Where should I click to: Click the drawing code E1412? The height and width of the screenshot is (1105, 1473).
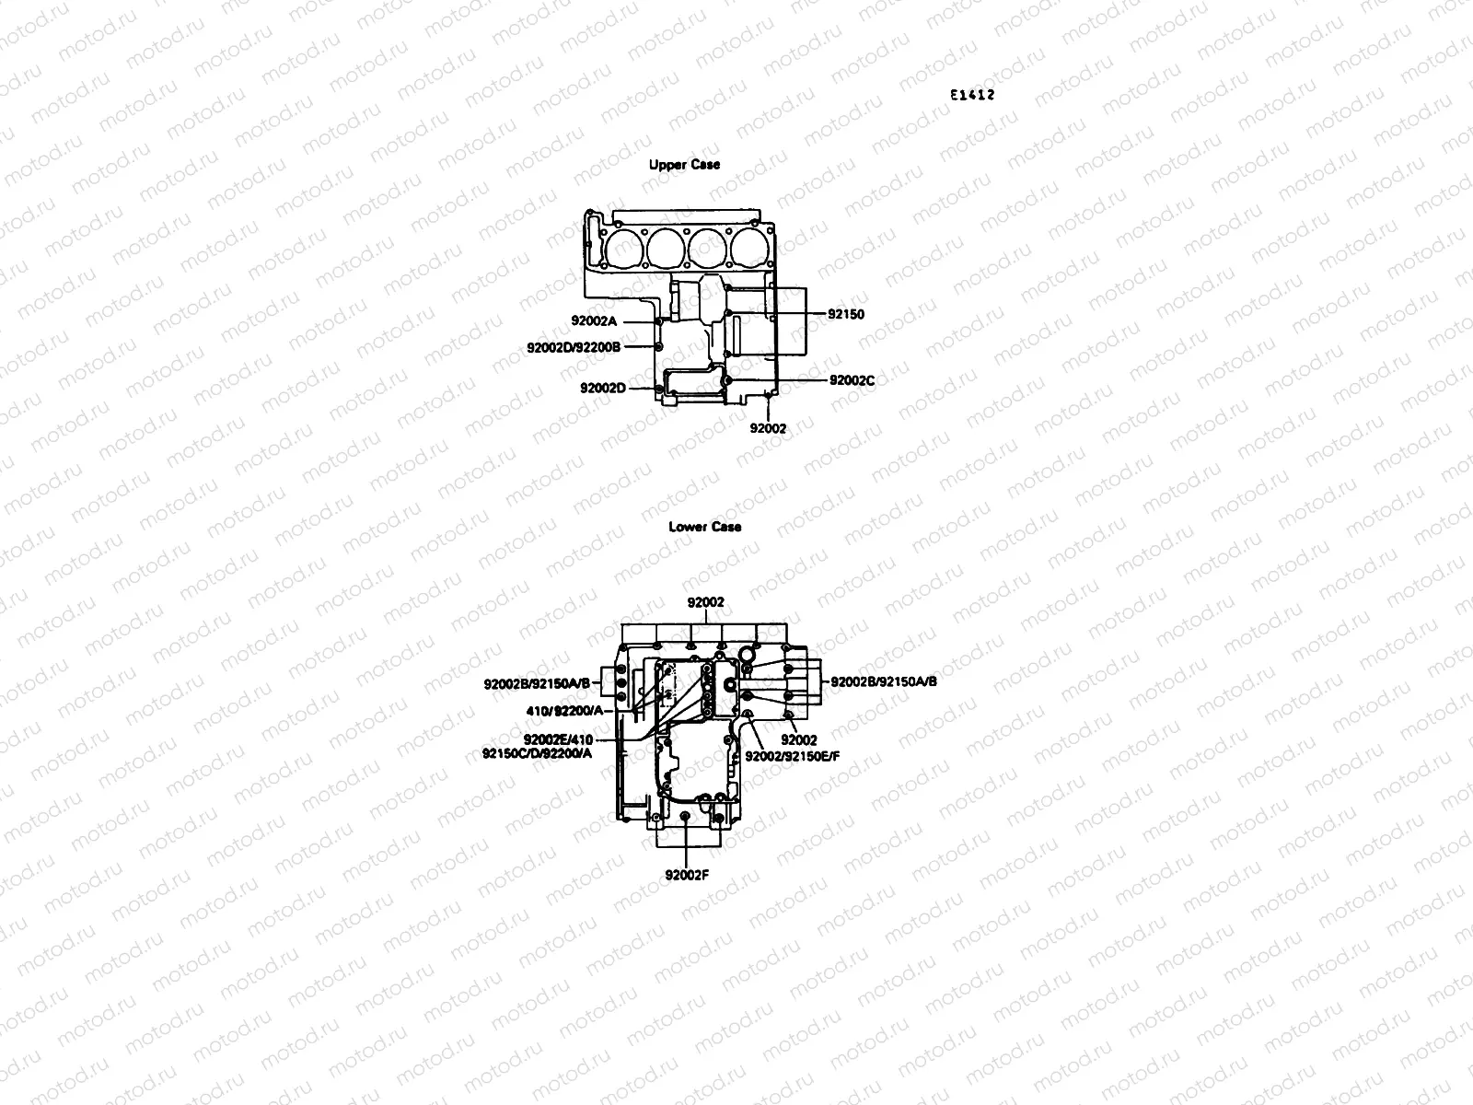point(974,95)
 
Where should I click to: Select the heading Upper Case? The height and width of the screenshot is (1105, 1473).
point(684,165)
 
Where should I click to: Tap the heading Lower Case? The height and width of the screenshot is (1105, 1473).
point(704,528)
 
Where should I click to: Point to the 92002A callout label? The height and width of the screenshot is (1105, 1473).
point(594,321)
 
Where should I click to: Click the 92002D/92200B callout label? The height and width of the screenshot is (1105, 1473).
point(574,347)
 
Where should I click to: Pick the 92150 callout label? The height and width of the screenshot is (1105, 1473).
point(846,314)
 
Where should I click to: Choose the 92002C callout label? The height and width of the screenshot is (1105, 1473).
point(852,380)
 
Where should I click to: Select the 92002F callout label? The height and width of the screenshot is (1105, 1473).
point(686,875)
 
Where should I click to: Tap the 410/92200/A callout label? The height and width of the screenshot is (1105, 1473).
point(563,711)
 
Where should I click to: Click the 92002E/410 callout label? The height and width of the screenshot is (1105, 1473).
point(559,739)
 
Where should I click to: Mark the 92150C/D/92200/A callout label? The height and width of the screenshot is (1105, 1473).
point(537,753)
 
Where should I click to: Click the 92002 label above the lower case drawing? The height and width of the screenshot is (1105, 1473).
point(706,602)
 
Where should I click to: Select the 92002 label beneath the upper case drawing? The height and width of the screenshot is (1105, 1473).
point(768,428)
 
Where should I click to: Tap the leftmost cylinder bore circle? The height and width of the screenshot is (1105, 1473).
point(621,246)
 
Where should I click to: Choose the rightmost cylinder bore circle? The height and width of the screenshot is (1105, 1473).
point(748,246)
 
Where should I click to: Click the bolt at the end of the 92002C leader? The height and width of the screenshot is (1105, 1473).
point(727,380)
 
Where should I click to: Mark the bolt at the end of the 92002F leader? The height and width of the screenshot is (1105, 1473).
point(685,817)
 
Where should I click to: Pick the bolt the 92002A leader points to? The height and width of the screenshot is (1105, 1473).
point(660,322)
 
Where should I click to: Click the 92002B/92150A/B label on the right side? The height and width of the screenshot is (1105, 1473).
point(884,682)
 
